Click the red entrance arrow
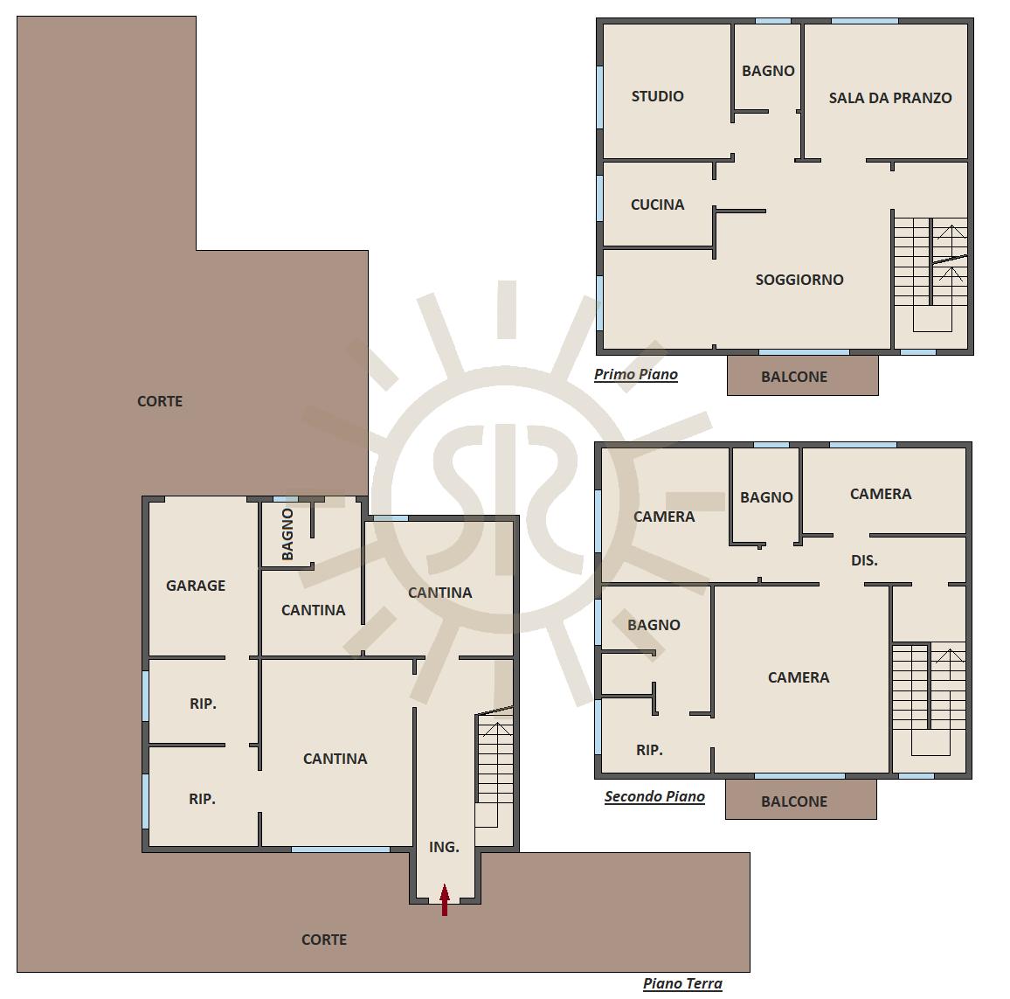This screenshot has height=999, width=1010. point(445,899)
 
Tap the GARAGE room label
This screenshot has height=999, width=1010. point(196,586)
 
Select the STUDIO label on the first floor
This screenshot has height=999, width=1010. point(658,96)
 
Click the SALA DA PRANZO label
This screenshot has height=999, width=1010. point(890,98)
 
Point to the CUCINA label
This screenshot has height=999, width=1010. point(658,205)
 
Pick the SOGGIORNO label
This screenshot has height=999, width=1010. point(799,280)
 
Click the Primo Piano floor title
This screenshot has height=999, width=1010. point(636,374)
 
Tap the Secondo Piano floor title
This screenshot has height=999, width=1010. point(654,796)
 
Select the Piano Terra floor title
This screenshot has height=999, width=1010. point(682,983)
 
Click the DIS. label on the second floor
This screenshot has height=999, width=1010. point(864,561)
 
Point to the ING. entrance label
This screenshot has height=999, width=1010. point(445,847)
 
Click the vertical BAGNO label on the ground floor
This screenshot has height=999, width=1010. point(287,534)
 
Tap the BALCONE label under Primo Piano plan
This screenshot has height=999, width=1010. point(794,377)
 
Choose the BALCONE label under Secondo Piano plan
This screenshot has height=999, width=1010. point(794,801)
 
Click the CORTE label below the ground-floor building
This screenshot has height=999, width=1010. point(324,940)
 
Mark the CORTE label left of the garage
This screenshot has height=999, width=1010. point(160,401)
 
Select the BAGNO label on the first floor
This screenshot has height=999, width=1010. point(769,71)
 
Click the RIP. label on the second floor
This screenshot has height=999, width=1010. point(649,750)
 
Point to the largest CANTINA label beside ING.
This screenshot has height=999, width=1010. point(335,759)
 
